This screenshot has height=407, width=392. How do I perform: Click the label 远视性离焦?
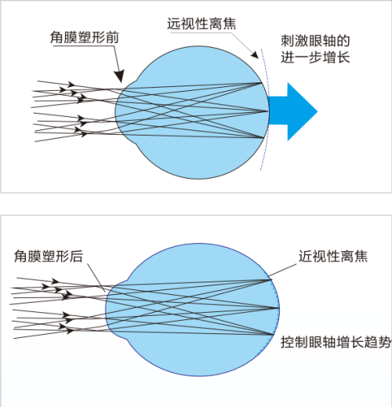click(x=201, y=24)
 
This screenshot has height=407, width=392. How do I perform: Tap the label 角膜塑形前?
click(x=85, y=37)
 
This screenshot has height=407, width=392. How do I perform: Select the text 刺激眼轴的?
click(x=315, y=41)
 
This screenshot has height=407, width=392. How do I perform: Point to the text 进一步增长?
click(x=315, y=57)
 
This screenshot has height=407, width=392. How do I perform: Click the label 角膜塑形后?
click(x=49, y=256)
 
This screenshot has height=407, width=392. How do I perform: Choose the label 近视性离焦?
click(x=333, y=256)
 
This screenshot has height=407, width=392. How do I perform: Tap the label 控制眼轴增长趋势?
click(x=336, y=342)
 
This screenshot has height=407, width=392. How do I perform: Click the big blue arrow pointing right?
click(x=292, y=111)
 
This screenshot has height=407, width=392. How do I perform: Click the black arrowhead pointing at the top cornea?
click(x=119, y=76)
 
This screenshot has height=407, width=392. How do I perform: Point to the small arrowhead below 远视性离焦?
click(x=255, y=54)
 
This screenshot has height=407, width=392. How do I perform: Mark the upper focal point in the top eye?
click(x=262, y=83)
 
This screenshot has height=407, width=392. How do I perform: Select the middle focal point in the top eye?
click(x=268, y=111)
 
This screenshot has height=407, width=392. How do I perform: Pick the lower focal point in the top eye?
click(x=264, y=137)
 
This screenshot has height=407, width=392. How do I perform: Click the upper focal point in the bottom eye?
click(x=270, y=280)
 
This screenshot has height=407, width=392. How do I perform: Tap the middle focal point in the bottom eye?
click(x=278, y=308)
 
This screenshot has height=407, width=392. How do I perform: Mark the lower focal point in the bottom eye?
click(x=274, y=334)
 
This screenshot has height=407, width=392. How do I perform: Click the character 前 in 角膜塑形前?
click(x=112, y=37)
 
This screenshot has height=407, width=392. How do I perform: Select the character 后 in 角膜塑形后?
click(x=76, y=256)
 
